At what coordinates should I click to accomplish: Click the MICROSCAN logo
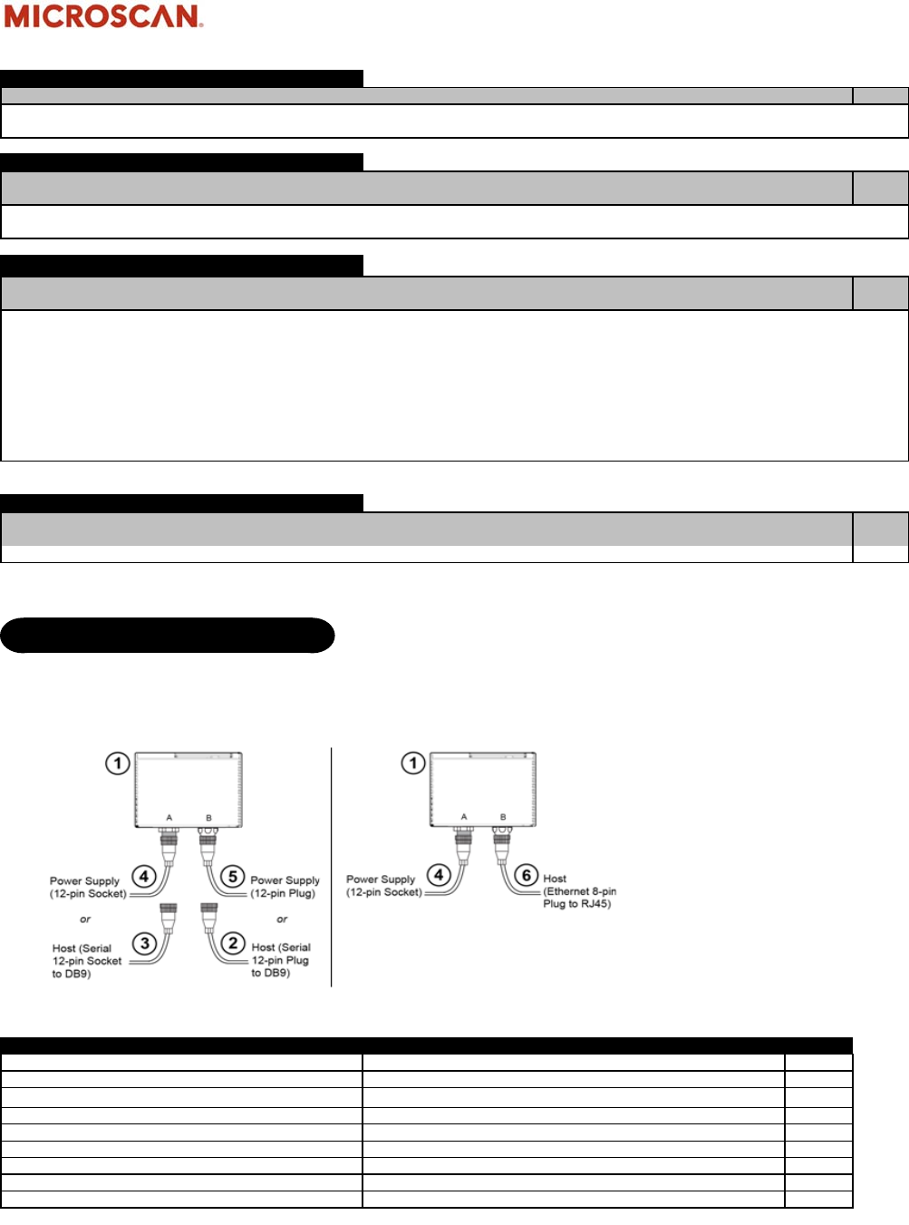[x=103, y=16]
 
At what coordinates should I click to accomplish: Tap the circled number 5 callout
[x=233, y=877]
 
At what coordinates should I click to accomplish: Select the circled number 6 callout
[x=527, y=876]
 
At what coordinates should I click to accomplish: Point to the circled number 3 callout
[x=144, y=944]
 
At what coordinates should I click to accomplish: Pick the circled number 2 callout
[x=233, y=943]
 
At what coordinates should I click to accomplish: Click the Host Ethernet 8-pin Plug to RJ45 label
[x=579, y=891]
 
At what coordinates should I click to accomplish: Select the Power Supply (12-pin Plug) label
[x=285, y=887]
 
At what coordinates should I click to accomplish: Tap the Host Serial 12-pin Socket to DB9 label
[x=86, y=961]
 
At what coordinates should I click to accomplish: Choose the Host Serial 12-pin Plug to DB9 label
[x=281, y=960]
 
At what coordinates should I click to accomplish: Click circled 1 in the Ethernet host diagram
[x=413, y=763]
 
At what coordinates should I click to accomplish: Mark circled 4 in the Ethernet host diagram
[x=439, y=876]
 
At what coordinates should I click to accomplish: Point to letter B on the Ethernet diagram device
[x=503, y=817]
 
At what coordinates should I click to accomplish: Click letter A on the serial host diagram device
[x=169, y=818]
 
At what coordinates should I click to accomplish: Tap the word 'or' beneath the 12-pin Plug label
[x=282, y=919]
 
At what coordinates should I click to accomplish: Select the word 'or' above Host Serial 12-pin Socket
[x=85, y=919]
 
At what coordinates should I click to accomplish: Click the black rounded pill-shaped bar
[x=168, y=636]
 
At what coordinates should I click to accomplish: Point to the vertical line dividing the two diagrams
[x=332, y=866]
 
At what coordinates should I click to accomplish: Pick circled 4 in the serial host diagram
[x=144, y=877]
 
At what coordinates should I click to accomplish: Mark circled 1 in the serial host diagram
[x=118, y=763]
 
